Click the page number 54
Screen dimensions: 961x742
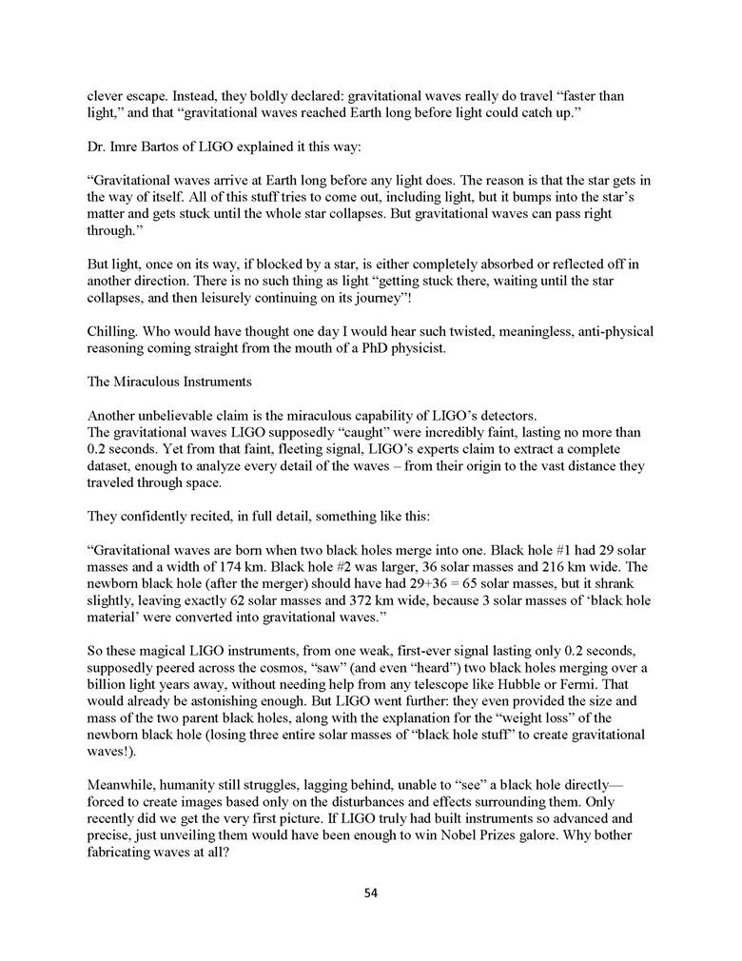click(371, 892)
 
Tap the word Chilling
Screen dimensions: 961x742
click(111, 331)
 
